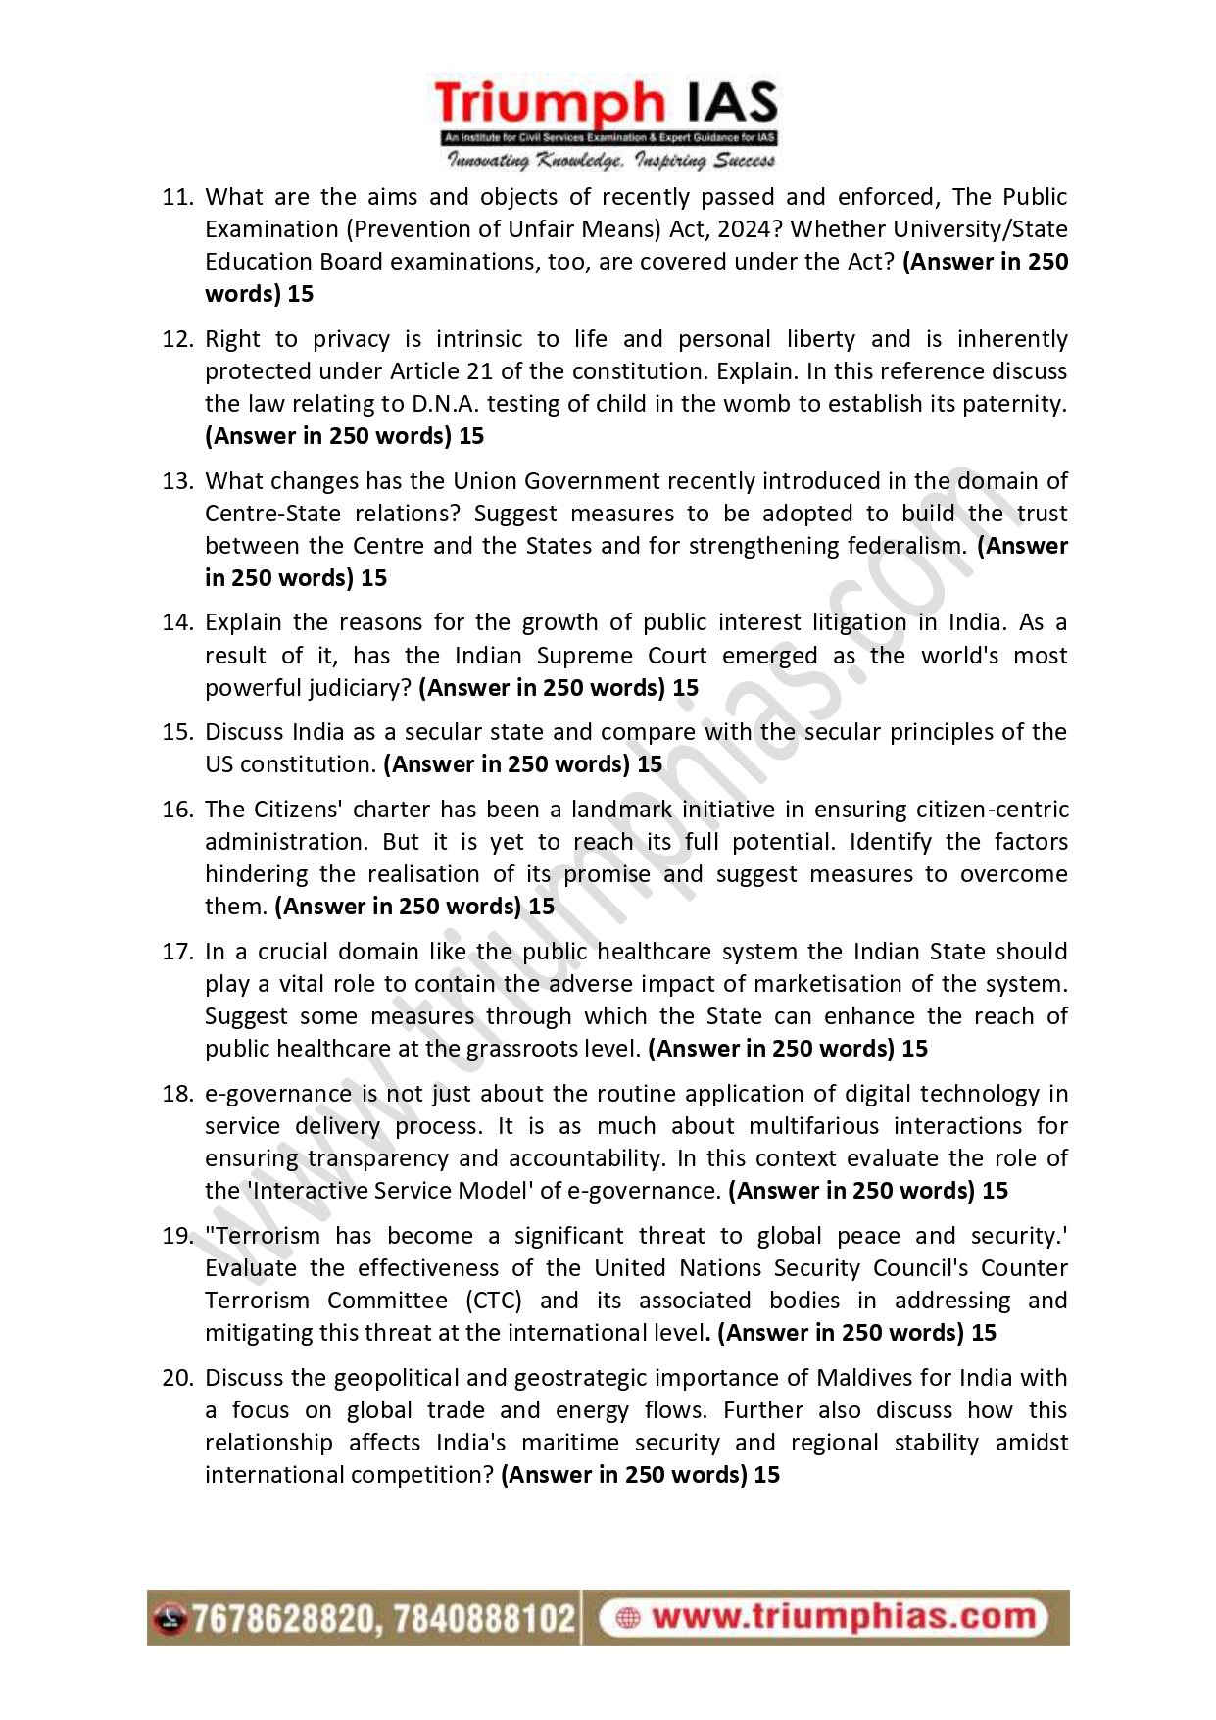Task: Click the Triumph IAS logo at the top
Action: click(607, 123)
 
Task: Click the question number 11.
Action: click(177, 197)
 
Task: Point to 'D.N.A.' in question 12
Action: click(445, 404)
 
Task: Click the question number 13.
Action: click(177, 481)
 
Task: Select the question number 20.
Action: click(177, 1378)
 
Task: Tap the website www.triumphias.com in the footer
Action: click(843, 1617)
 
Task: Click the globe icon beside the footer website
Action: click(628, 1618)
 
